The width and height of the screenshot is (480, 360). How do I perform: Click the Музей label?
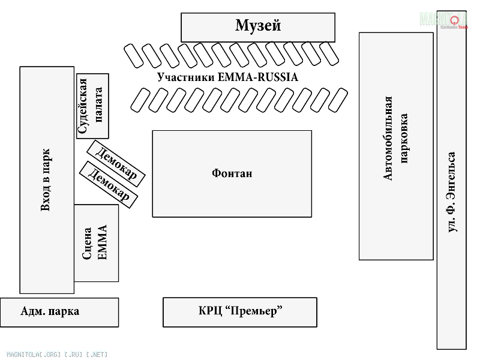coord(258,25)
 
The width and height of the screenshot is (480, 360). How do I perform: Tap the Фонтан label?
coord(232,173)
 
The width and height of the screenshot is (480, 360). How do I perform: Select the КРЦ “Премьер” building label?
coord(241,311)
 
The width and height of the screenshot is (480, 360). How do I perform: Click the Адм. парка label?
coord(50,311)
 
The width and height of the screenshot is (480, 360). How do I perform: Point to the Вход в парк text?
coord(46,180)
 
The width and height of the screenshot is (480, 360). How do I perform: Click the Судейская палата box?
coord(92,106)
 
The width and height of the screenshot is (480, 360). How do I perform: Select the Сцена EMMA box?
coord(97,243)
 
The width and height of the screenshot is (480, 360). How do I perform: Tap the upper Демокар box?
coord(116,163)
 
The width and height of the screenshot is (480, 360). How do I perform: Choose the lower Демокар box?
coord(109,185)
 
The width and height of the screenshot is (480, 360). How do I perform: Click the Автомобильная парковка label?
coord(396,139)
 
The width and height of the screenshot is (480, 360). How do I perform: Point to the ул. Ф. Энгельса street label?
coord(452,192)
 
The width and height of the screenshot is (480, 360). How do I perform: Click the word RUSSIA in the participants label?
coord(278,77)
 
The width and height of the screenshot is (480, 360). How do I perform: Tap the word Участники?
coord(186,77)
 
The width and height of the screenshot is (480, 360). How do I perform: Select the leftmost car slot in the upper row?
coord(133,56)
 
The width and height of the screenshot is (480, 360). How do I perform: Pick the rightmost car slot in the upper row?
coord(329,53)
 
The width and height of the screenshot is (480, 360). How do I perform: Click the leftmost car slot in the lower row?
coord(140,100)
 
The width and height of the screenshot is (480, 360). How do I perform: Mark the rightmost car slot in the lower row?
coord(338,100)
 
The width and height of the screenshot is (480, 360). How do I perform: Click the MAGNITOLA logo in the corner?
coord(443,20)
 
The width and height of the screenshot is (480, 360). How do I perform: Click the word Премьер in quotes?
coord(253,311)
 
